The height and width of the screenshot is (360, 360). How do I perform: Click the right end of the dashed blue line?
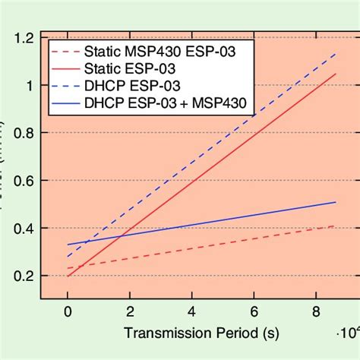[x=335, y=54]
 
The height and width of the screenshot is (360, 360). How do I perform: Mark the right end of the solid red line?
[x=335, y=74]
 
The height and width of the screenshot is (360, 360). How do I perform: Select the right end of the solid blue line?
[x=335, y=202]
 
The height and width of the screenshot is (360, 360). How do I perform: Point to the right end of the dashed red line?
[x=335, y=226]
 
